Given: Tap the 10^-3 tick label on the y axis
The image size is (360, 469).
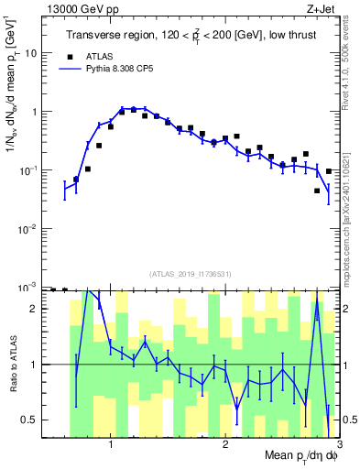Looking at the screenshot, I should pos(27,287).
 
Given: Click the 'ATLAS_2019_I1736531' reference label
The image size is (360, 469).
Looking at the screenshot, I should pos(190,274).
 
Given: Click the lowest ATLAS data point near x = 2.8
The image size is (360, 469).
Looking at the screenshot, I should pos(317,191).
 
